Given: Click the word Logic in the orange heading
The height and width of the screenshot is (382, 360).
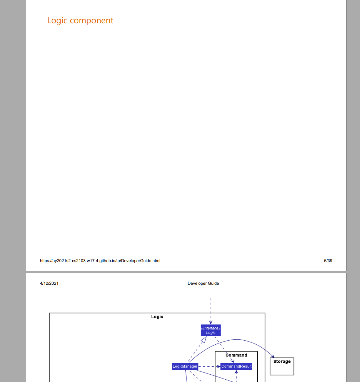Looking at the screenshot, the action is point(57,21).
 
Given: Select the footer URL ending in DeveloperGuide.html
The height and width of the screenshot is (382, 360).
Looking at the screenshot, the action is point(100,261).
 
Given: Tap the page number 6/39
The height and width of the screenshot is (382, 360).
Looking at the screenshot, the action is point(328,261).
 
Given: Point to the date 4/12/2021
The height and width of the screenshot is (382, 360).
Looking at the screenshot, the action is point(49,283).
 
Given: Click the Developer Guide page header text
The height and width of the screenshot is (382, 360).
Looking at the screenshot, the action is point(203,283).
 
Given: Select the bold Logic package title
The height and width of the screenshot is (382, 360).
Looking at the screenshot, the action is point(157,317).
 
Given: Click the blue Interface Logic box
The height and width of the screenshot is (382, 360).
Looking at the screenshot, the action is point(211,331).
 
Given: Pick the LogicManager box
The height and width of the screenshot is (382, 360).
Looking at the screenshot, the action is point(185,366).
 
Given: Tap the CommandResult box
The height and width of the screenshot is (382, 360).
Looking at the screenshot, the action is point(236,366).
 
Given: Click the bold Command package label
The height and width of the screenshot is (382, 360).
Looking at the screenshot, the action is point(236,355).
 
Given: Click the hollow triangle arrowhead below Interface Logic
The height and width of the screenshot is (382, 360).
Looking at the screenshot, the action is point(204,340).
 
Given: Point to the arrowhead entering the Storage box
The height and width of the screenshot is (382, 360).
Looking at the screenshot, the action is point(273,356).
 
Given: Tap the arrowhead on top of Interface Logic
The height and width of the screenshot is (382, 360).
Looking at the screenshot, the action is point(211,322).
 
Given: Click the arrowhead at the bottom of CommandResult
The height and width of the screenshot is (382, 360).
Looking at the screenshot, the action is point(236,372).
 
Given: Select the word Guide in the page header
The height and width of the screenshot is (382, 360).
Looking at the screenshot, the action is point(213,283).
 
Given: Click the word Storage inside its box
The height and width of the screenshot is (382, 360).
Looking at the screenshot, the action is point(282,361).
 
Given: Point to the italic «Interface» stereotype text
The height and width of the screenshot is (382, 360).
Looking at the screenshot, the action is point(211,328).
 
